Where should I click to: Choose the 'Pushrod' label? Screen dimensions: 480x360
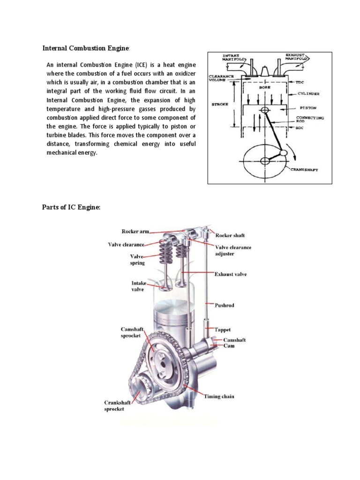click(225, 305)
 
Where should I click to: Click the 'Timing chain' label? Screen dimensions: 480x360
click(219, 396)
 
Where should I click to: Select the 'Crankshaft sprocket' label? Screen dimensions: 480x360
click(118, 405)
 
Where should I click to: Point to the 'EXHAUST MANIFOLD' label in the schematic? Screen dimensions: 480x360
click(293, 58)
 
